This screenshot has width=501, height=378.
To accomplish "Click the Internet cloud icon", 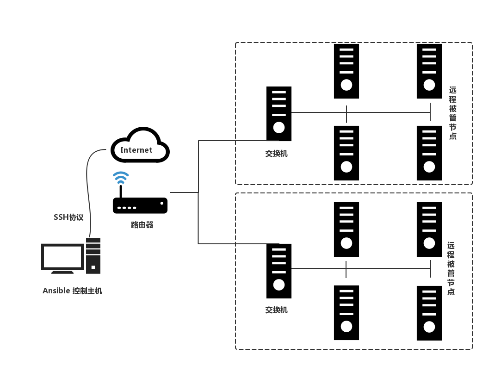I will coord(140,145).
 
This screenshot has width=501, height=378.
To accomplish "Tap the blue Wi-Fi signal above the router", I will coord(121,177).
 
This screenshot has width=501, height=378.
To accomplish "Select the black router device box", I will coord(140,205).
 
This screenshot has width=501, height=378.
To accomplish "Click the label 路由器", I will coord(142,225).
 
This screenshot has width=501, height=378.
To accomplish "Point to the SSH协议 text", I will coord(68,217).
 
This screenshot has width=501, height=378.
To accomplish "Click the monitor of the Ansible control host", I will coord(62,257).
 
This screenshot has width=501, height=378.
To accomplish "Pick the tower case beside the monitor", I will coord(93,255).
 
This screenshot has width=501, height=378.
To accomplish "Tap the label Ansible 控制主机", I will coord(72,291).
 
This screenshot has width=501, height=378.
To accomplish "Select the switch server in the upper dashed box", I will coord(279,113).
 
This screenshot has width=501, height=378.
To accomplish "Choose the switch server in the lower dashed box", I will coord(279,271).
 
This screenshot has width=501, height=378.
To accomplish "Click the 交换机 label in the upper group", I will coord(276,154).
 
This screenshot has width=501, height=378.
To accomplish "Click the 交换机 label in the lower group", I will coord(276,310).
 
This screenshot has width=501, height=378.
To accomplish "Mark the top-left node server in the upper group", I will coord(346,71).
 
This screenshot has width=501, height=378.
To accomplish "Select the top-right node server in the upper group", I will coord(429,71).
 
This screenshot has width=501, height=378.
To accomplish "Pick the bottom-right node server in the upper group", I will coord(429,153).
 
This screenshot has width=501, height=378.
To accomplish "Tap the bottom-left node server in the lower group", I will coord(346,313).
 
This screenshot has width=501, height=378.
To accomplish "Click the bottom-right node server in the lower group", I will coord(429,313).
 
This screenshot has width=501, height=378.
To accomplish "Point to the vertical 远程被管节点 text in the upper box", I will coord(453,113).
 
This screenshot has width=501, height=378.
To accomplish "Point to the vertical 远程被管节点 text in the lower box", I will coord(451,268).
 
